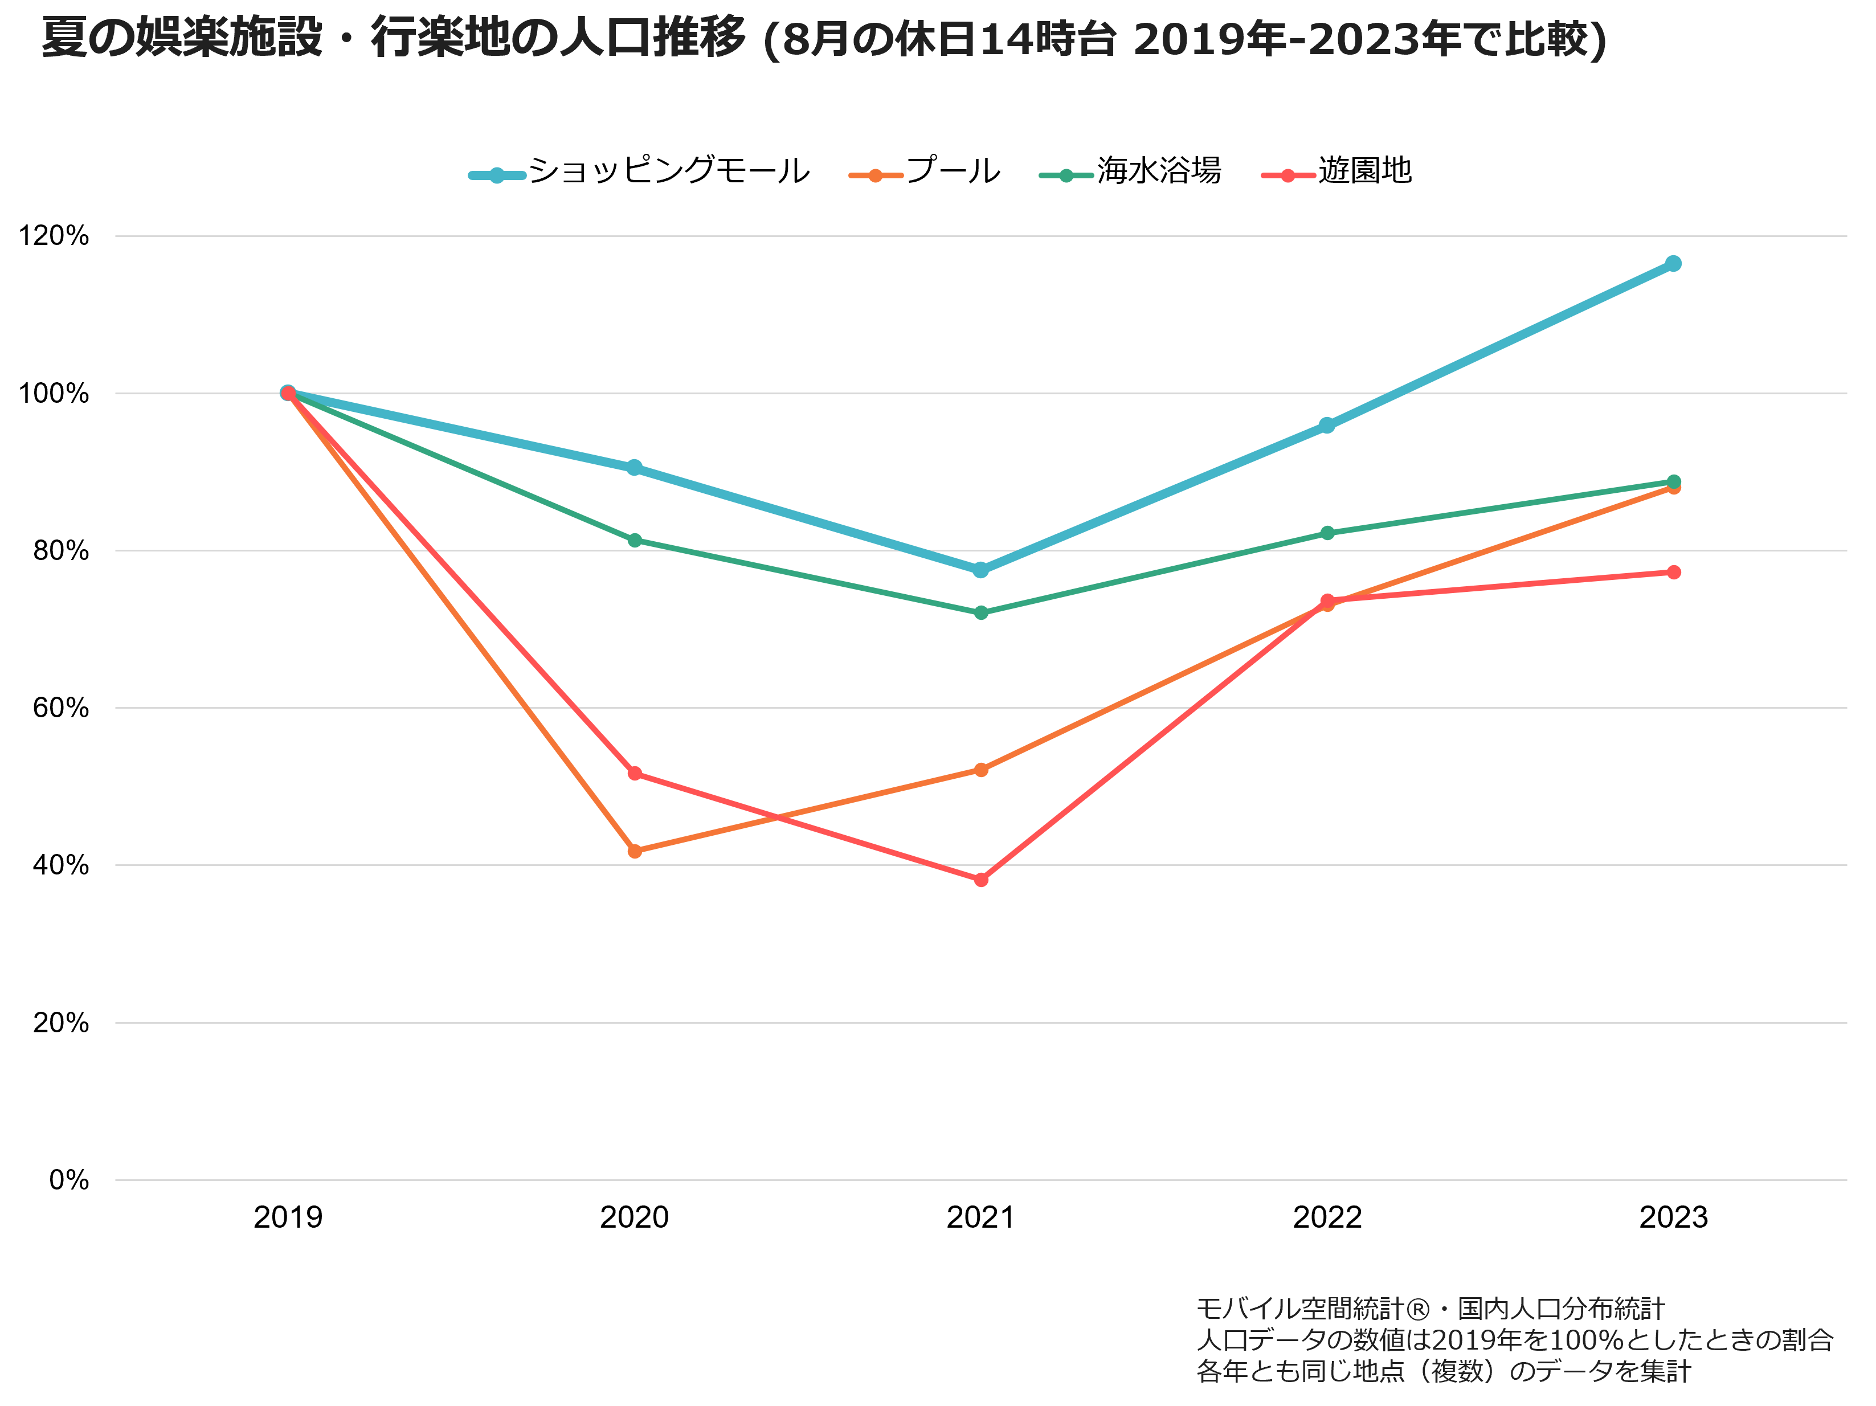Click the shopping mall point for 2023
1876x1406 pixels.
tap(1673, 264)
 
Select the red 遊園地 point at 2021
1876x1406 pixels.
tap(981, 880)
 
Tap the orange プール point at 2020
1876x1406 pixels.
tap(635, 851)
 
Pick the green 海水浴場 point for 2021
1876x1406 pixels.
tap(981, 612)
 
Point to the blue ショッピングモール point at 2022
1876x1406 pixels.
tap(1327, 425)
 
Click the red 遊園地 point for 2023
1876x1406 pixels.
tap(1673, 573)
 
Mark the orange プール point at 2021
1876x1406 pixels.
tap(981, 770)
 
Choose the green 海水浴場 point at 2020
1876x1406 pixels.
tap(635, 540)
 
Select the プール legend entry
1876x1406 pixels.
tap(925, 171)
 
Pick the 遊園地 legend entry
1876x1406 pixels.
tap(1337, 171)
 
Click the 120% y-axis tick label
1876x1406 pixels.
tap(54, 236)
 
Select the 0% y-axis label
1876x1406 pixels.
tap(69, 1180)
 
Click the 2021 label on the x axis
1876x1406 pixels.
tap(980, 1218)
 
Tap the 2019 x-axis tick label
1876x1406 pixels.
tap(288, 1218)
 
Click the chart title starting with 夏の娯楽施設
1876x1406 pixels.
tap(824, 39)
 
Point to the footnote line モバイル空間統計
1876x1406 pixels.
tap(1430, 1309)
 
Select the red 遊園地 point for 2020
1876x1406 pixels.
tap(635, 774)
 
